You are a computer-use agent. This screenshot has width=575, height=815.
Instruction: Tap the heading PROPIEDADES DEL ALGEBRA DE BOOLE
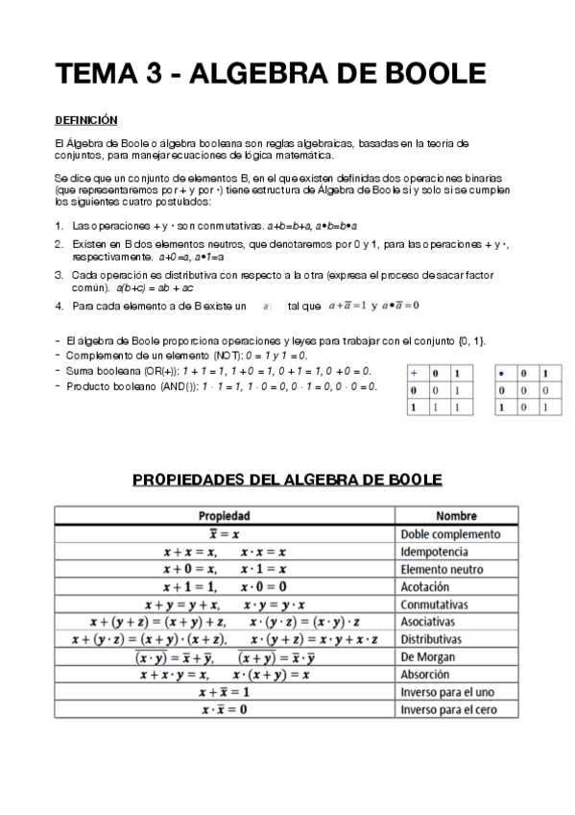pyautogui.click(x=286, y=478)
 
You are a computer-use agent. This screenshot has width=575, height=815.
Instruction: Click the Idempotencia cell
pyautogui.click(x=436, y=552)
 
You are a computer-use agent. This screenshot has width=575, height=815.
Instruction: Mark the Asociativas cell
pyautogui.click(x=433, y=622)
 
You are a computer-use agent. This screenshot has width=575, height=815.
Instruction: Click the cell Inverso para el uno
pyautogui.click(x=447, y=692)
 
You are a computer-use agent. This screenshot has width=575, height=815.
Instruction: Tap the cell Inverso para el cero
pyautogui.click(x=448, y=710)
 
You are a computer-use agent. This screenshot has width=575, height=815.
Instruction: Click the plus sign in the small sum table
pyautogui.click(x=414, y=373)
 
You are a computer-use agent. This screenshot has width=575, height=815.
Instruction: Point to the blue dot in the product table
pyautogui.click(x=502, y=373)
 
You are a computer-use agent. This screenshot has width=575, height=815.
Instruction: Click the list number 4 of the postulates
pyautogui.click(x=59, y=306)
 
